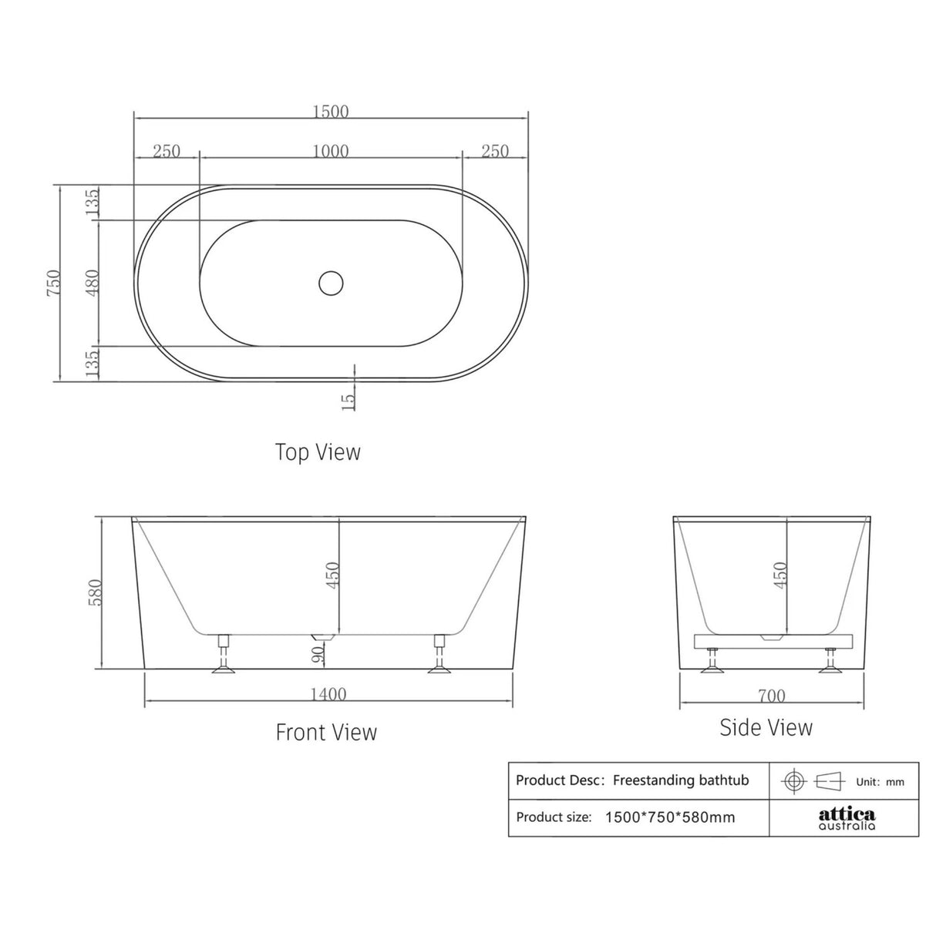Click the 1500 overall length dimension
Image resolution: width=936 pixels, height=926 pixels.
pyautogui.click(x=331, y=112)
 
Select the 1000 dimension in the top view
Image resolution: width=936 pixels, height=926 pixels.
pyautogui.click(x=330, y=151)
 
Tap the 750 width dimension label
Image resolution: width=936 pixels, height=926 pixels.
pyautogui.click(x=53, y=284)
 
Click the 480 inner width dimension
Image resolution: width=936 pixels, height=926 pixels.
pyautogui.click(x=92, y=283)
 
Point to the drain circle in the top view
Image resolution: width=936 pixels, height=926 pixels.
pyautogui.click(x=331, y=283)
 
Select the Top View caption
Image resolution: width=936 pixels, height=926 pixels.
pyautogui.click(x=318, y=451)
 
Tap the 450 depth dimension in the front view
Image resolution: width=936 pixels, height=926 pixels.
pyautogui.click(x=332, y=575)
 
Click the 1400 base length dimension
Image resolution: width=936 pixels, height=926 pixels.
pyautogui.click(x=328, y=694)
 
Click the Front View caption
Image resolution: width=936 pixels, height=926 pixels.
pyautogui.click(x=326, y=731)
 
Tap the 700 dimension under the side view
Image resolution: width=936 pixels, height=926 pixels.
pyautogui.click(x=771, y=696)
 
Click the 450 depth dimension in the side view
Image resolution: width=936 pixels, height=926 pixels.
pyautogui.click(x=779, y=575)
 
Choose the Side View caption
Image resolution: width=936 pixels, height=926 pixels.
pyautogui.click(x=766, y=727)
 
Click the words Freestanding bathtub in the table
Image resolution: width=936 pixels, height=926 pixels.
pyautogui.click(x=681, y=780)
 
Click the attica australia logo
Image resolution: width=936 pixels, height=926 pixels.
pyautogui.click(x=846, y=818)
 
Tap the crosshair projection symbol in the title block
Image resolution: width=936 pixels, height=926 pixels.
pyautogui.click(x=793, y=780)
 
